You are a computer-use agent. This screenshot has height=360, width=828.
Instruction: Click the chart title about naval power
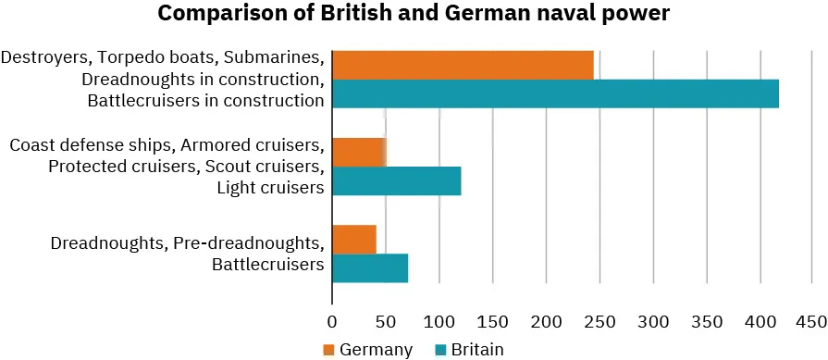(413, 16)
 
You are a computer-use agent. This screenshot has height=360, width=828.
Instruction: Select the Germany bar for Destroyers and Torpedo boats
(463, 65)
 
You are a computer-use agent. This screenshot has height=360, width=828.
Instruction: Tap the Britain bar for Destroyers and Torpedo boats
(555, 93)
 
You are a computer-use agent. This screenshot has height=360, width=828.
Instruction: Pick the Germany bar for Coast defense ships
(358, 152)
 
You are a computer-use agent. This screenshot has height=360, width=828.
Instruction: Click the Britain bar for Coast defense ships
(396, 180)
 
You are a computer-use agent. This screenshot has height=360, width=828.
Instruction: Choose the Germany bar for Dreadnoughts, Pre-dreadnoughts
(354, 239)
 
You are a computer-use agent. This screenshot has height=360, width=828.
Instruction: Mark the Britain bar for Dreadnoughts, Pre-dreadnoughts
(370, 267)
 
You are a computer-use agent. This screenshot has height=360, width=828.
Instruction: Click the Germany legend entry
(366, 349)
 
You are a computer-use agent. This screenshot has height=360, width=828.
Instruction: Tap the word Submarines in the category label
(279, 57)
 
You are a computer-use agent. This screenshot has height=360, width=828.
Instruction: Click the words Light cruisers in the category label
(269, 188)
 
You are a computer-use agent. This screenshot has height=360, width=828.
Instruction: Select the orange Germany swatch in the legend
(328, 349)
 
